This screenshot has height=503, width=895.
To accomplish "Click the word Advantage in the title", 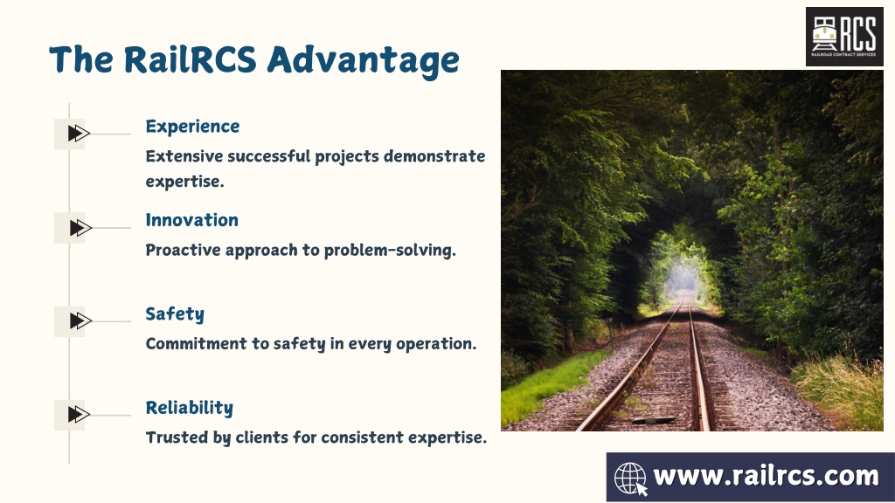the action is pos(363,60).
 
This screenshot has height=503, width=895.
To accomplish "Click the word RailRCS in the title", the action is pos(190,59).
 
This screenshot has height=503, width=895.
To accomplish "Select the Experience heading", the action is pos(192,127).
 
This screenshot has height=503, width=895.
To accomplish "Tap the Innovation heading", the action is pos(191,220).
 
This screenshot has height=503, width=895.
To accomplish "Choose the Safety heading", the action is pos(175,314).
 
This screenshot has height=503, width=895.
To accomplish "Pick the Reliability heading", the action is pos(190,408).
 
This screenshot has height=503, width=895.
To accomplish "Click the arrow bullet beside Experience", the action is pos(79,134).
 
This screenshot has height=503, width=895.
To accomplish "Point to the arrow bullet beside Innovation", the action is pos(80,228).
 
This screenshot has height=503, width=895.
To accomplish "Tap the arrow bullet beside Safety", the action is pos(80,320).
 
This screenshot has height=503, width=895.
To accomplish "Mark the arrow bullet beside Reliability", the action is pos(79,414).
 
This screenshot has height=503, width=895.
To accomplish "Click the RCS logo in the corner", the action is pos(844,37).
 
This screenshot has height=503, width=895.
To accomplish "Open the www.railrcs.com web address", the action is pos(766,476).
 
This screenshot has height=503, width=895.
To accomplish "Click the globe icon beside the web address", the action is pos(631,478).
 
